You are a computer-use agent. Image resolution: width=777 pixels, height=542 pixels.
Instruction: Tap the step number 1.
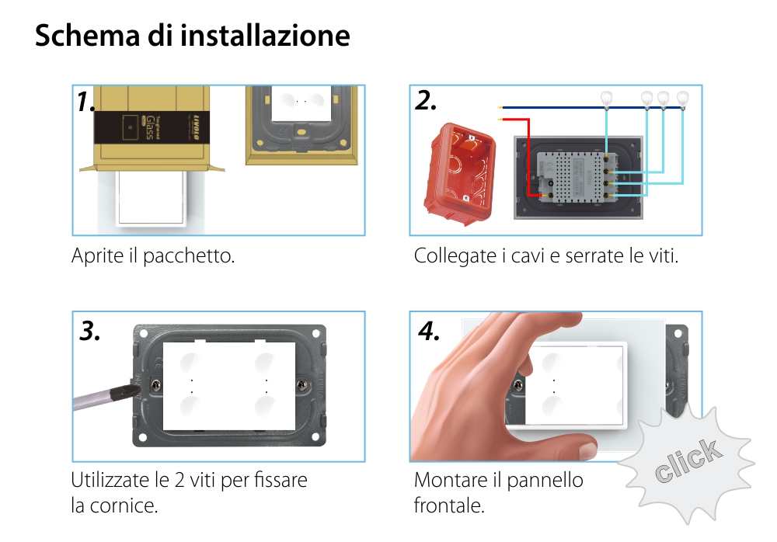86,102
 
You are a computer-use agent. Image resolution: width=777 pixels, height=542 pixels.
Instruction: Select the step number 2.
426,101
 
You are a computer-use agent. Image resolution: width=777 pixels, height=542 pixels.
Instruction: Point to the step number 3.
90,332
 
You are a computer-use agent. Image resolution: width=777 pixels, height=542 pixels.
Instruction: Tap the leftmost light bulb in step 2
607,99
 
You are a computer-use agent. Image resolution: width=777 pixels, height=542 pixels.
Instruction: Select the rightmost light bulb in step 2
682,99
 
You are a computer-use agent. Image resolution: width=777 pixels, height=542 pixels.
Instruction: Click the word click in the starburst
687,461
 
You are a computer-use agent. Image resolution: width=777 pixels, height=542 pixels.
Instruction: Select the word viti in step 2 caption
662,255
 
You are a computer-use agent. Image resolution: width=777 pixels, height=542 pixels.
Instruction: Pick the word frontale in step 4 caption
448,506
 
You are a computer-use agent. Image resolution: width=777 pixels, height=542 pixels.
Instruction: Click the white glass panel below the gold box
152,198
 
